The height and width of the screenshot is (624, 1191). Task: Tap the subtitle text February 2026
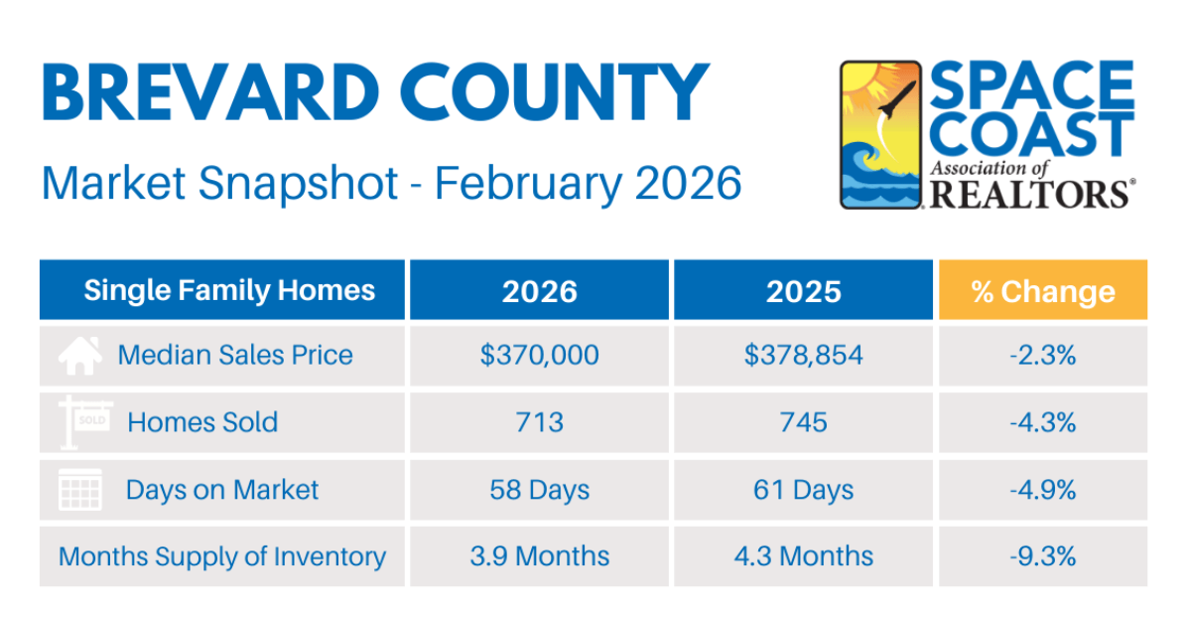tap(589, 184)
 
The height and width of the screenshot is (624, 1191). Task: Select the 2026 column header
tap(539, 290)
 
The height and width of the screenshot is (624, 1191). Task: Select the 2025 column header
tap(803, 290)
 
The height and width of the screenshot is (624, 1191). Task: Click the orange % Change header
tap(1042, 291)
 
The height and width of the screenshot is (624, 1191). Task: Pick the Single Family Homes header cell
tap(229, 290)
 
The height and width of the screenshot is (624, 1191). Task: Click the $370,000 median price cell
tap(539, 355)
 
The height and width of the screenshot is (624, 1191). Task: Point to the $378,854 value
tap(803, 355)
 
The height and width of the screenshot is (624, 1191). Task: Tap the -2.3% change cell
tap(1042, 355)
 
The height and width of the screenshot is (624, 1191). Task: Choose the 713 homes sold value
tap(539, 422)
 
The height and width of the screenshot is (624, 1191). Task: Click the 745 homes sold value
tap(803, 422)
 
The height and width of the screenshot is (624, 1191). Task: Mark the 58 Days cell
tap(539, 490)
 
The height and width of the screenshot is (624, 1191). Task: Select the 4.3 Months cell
tap(803, 556)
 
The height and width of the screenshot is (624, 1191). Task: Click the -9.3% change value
tap(1042, 556)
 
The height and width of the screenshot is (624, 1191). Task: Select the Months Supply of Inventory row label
tap(222, 556)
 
